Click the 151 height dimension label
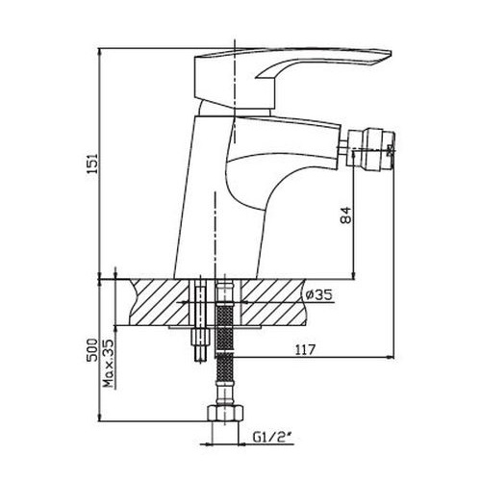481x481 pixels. pos(92,164)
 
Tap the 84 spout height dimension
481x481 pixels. pos(346,215)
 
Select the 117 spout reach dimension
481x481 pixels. pos(304,349)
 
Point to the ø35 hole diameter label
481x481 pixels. pos(318,294)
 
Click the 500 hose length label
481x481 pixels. pos(92,349)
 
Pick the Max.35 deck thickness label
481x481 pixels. pos(110,364)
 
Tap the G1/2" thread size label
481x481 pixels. pos(273,437)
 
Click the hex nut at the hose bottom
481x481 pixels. pos(224,414)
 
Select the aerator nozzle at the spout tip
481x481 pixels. pos(372,147)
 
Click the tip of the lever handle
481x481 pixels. pos(391,53)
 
